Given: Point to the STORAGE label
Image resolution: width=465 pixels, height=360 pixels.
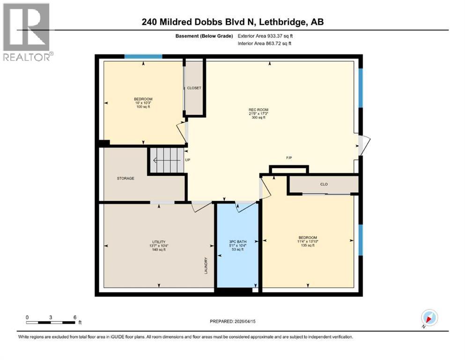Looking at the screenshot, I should click(125, 178).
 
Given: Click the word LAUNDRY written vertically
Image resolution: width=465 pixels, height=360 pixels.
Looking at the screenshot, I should click(206, 266).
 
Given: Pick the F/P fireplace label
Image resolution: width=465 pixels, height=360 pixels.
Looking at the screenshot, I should click(290, 158).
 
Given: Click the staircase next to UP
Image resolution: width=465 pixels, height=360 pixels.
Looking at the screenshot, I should click(166, 160).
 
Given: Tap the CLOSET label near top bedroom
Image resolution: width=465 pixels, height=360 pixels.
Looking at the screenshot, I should click(194, 88).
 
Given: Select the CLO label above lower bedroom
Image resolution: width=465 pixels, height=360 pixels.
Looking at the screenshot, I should click(324, 184).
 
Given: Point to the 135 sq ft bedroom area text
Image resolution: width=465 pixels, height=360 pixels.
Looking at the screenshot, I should click(308, 245).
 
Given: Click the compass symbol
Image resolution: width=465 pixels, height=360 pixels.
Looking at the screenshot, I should click(429, 318).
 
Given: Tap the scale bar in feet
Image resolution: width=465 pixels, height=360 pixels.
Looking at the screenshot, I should click(51, 322).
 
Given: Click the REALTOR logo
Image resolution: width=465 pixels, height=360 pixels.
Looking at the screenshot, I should click(27, 33).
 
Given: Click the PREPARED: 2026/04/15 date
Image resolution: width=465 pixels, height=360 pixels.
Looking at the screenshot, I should click(233, 322).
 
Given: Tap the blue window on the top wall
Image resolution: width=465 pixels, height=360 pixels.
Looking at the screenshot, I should click(143, 57).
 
